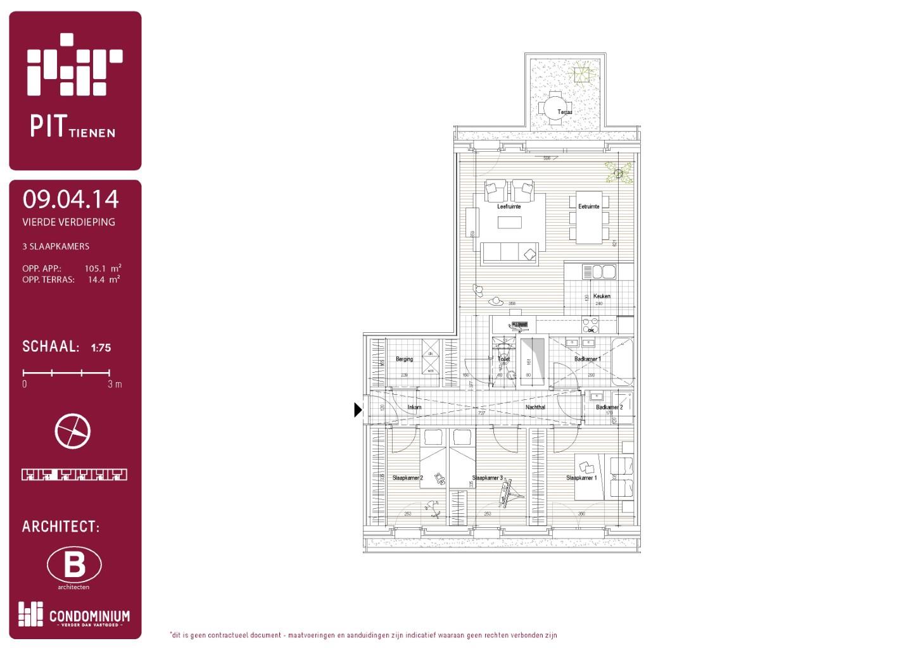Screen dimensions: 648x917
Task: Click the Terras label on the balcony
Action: coord(564,112)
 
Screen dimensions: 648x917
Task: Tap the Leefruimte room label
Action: coord(509,206)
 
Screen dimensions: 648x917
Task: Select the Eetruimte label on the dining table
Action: coord(588,206)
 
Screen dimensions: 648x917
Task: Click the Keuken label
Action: coord(602,296)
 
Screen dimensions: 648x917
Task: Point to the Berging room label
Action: coord(404,359)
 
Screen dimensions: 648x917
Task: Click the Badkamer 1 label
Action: coord(587,359)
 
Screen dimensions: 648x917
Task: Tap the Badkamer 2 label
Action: coord(609,407)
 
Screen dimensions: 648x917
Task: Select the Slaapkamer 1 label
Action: coord(581,478)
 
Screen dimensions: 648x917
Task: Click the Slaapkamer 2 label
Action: coord(407,478)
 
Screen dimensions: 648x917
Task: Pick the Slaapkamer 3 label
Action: coord(487,478)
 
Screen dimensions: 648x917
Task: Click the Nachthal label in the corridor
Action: coord(535,407)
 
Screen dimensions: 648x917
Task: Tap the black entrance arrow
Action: coord(357,410)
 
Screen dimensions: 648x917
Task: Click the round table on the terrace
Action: coord(555,106)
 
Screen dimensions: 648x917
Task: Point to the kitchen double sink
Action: coord(599,271)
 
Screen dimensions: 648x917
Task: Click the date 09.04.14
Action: coord(70,199)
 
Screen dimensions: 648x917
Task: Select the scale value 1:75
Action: coord(101,347)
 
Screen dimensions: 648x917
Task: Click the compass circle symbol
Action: coord(73,432)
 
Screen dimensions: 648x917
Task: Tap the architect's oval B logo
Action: coord(74,564)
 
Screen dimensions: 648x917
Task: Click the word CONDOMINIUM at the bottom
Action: coord(89,616)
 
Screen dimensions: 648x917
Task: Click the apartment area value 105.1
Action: coord(96,268)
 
